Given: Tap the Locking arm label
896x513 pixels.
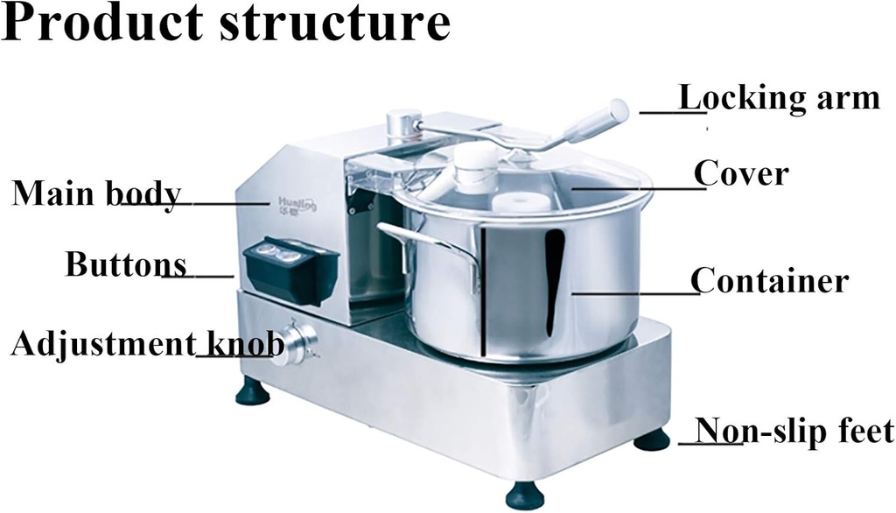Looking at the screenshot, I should coord(780,97).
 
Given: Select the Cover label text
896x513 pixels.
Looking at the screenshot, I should coord(741,173).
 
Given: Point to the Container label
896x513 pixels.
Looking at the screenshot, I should coord(769,281).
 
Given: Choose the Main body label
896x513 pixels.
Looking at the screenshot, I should coord(96,193).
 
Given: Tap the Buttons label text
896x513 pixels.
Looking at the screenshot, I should coord(126,264).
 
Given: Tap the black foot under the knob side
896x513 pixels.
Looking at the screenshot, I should coord(253,391).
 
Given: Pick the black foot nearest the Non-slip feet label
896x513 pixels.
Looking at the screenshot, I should coord(652,439).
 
